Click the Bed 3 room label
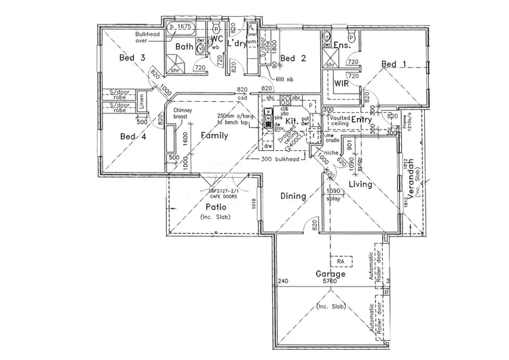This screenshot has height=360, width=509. tap(132, 58)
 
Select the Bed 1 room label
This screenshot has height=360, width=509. tap(394, 65)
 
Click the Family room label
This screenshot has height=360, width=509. tap(214, 136)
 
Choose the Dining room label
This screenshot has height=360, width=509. tap(294, 196)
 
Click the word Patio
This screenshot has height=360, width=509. tap(216, 206)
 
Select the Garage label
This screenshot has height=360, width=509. tap(331, 273)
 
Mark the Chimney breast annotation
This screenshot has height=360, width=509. tap(184, 113)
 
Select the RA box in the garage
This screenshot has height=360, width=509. tap(337, 260)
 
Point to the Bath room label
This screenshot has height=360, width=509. tap(185, 47)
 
